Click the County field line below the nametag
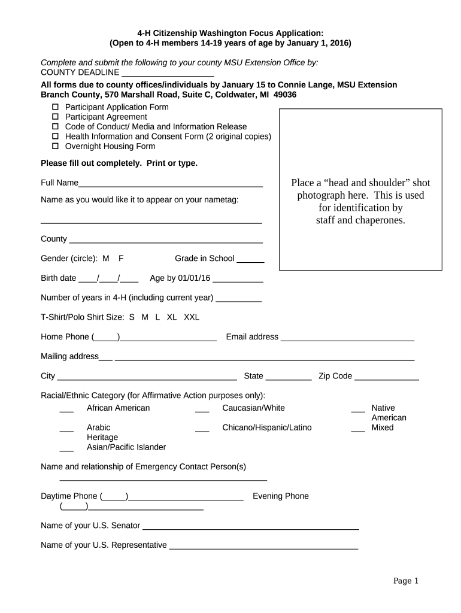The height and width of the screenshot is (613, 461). click(x=166, y=241)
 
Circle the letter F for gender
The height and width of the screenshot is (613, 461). click(x=121, y=259)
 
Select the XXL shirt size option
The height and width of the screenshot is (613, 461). click(x=192, y=317)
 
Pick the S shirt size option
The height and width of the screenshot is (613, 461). click(x=132, y=317)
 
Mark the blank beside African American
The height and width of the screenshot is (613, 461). click(x=66, y=410)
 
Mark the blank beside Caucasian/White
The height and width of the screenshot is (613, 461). click(x=202, y=410)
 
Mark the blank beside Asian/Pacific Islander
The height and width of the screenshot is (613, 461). click(x=66, y=449)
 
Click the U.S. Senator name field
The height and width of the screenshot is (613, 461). click(x=250, y=527)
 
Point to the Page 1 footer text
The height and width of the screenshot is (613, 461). click(x=405, y=581)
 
